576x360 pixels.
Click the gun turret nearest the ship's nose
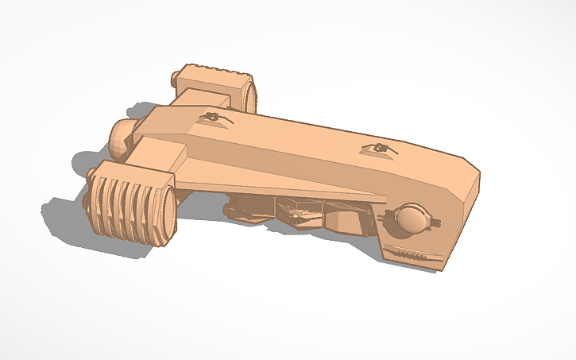(x=379, y=148)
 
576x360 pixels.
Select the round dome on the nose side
(x=411, y=219)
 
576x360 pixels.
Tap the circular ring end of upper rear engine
(x=249, y=94)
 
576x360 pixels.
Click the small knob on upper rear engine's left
(x=176, y=79)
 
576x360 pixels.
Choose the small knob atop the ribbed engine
(x=93, y=171)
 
